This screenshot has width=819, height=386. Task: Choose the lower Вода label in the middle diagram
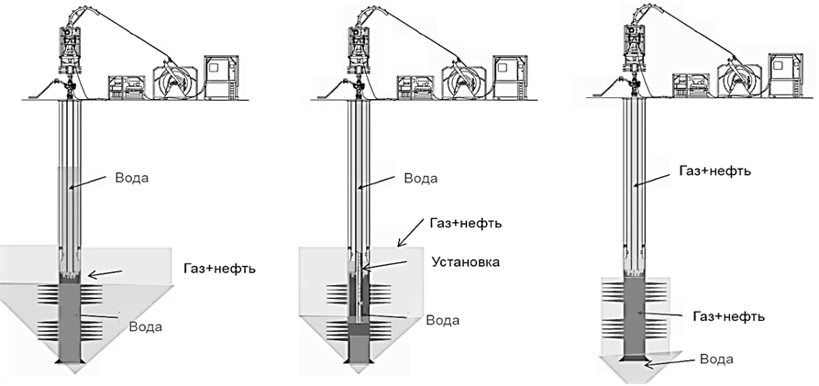pyautogui.click(x=442, y=320)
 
